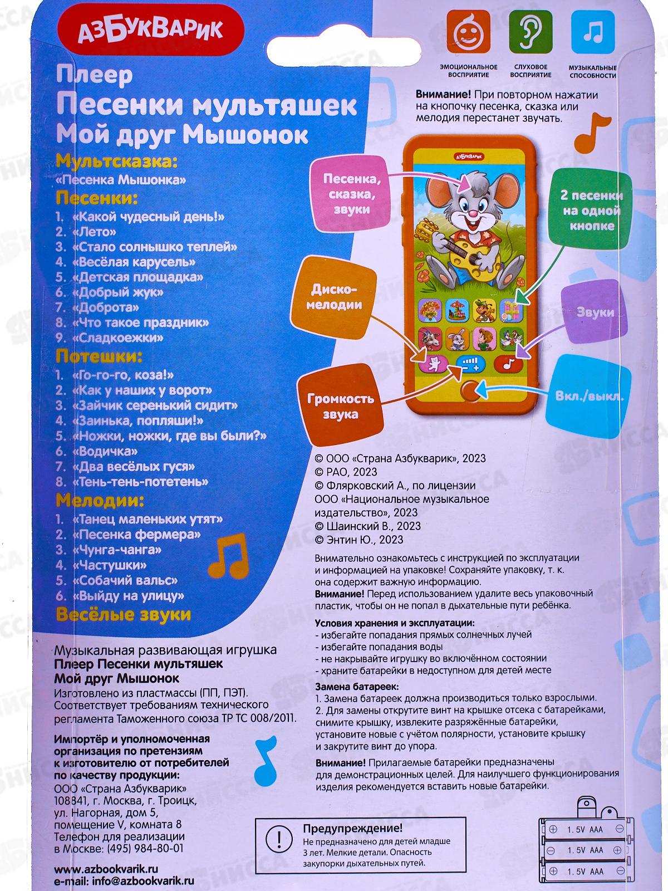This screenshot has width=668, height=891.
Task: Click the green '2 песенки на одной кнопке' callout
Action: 592,210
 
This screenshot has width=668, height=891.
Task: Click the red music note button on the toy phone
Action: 507,364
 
